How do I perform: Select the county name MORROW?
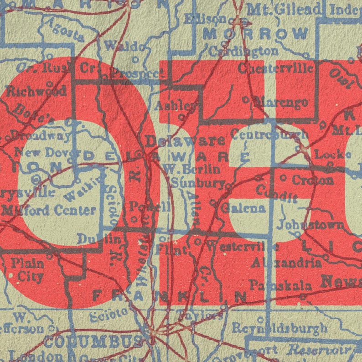click(x=255, y=33)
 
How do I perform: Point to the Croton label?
click(x=312, y=180)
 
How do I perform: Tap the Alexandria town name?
click(x=286, y=263)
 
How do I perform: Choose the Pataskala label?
click(x=280, y=286)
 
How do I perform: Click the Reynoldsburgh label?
click(x=279, y=327)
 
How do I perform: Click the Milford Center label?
click(x=49, y=210)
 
